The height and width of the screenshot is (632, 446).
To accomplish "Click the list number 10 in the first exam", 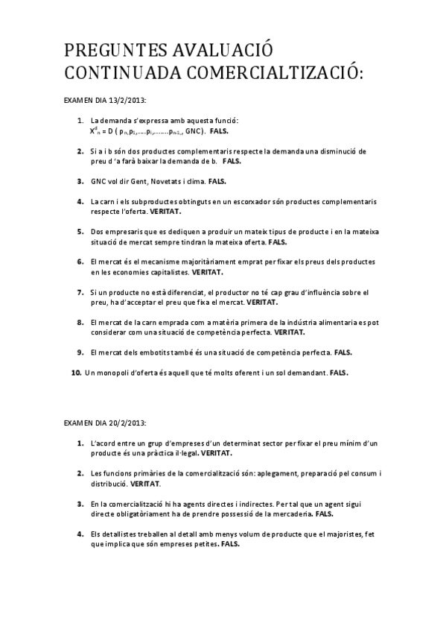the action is click(x=76, y=372).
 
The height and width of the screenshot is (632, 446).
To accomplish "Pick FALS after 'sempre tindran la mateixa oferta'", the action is click(x=277, y=243).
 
